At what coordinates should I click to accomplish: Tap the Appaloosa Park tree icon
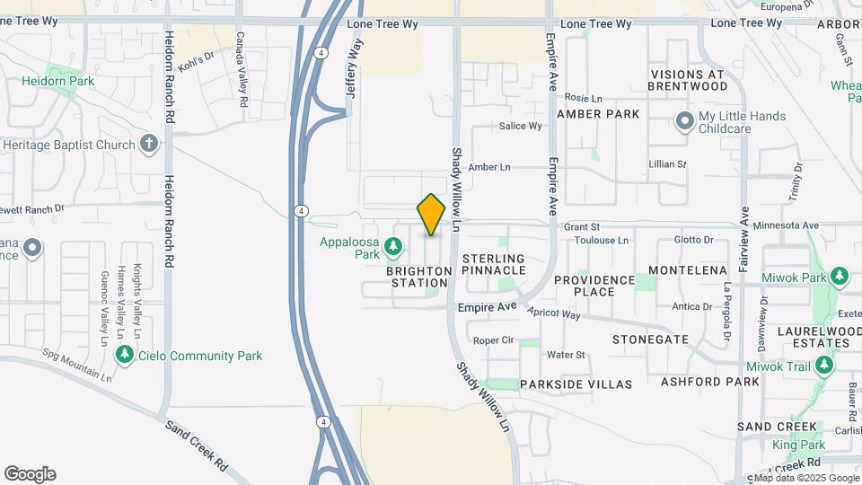pyautogui.click(x=392, y=245)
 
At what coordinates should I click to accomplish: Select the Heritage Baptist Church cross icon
pyautogui.click(x=149, y=144)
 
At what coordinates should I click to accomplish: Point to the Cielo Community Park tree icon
pyautogui.click(x=125, y=356)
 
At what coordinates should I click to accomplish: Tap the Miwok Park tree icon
pyautogui.click(x=839, y=277)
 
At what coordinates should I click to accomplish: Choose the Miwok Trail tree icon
pyautogui.click(x=822, y=366)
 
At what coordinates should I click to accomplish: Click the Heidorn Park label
pyautogui.click(x=58, y=81)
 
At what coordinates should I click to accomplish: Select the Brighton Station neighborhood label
pyautogui.click(x=419, y=277)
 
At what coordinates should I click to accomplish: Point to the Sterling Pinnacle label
pyautogui.click(x=494, y=264)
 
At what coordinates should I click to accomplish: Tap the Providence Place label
pyautogui.click(x=594, y=286)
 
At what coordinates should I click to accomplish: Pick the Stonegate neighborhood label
pyautogui.click(x=650, y=339)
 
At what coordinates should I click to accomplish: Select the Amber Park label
pyautogui.click(x=598, y=114)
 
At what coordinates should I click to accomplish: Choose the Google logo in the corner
pyautogui.click(x=30, y=474)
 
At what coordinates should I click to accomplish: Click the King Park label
pyautogui.click(x=799, y=445)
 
